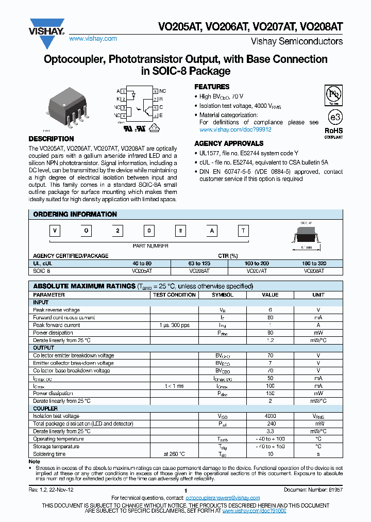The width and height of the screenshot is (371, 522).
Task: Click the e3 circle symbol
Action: (x=335, y=117)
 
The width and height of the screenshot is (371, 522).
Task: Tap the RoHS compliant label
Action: (x=333, y=133)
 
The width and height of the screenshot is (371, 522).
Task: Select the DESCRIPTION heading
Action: (x=51, y=139)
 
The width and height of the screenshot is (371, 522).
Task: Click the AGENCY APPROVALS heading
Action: (x=229, y=144)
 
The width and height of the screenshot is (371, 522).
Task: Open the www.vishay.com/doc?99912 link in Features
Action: (x=235, y=129)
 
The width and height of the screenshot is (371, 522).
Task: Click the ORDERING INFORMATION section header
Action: (x=75, y=215)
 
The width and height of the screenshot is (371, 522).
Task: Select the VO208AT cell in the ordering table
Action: (x=314, y=270)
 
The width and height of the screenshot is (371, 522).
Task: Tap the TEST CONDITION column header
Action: (x=174, y=295)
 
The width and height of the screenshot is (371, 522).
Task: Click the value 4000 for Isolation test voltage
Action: (x=270, y=416)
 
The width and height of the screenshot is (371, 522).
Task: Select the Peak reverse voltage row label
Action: (x=57, y=310)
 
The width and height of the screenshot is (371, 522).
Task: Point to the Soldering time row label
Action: (x=49, y=454)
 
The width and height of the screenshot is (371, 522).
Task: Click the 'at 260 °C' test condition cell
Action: (x=174, y=454)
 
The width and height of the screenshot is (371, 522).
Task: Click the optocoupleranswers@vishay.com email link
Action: (x=223, y=498)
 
